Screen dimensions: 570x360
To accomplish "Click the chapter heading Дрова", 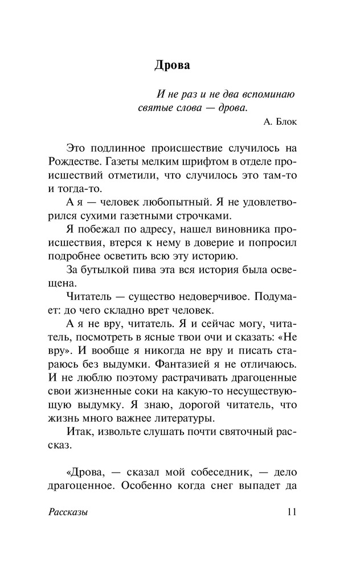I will pos(172,66).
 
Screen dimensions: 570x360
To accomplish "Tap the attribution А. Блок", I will pos(280,121).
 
